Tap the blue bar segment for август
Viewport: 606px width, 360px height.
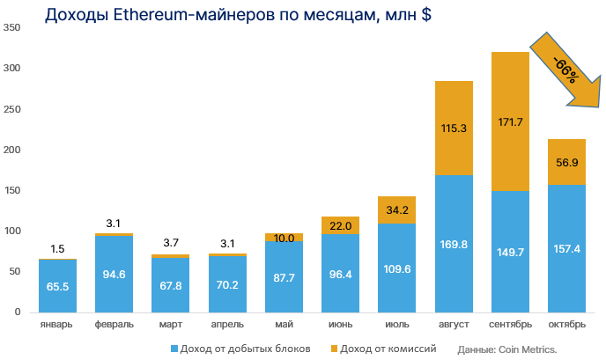click(454, 243)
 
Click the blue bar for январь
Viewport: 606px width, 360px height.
click(57, 285)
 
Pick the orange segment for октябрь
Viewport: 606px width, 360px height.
click(566, 162)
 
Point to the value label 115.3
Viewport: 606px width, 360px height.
click(454, 129)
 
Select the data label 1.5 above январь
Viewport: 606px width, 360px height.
click(57, 249)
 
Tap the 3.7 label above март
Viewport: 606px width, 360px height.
click(170, 243)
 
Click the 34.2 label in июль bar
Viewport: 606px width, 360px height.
click(397, 210)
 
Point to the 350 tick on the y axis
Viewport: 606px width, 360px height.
click(11, 27)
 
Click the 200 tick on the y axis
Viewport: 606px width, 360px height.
click(11, 150)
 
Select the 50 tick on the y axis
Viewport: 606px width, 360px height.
click(14, 271)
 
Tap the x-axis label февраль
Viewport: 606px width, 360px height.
click(114, 325)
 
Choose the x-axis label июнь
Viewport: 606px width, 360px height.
click(340, 325)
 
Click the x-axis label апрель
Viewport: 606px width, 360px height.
click(227, 325)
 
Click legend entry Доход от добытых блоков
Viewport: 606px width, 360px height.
click(240, 349)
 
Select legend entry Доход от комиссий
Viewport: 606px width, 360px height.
click(388, 349)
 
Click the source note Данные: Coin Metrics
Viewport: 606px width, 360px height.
click(507, 349)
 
